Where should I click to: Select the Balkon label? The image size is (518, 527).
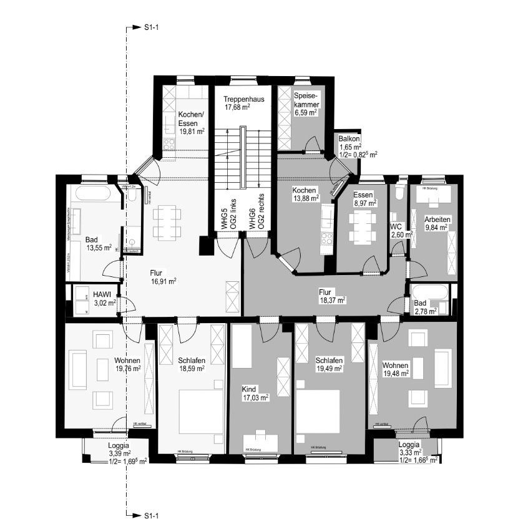coord(349,138)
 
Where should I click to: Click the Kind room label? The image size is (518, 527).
coord(249,388)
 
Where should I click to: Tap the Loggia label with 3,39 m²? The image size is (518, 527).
coord(118,446)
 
